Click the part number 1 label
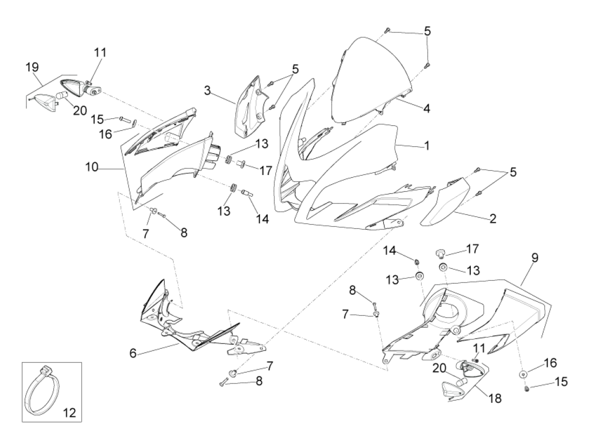pyautogui.click(x=427, y=145)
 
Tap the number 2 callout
pyautogui.click(x=492, y=219)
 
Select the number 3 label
pyautogui.click(x=207, y=91)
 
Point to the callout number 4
pyautogui.click(x=427, y=109)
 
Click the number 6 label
pyautogui.click(x=133, y=353)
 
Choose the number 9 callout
pyautogui.click(x=535, y=258)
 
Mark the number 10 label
pyautogui.click(x=92, y=167)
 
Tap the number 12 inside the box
pyautogui.click(x=70, y=413)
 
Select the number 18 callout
pyautogui.click(x=495, y=399)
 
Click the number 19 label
pyautogui.click(x=32, y=67)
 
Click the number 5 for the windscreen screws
pyautogui.click(x=427, y=31)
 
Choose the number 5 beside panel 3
pyautogui.click(x=295, y=69)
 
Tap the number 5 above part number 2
pyautogui.click(x=513, y=172)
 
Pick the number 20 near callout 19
pyautogui.click(x=80, y=111)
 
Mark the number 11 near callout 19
pyautogui.click(x=100, y=52)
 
